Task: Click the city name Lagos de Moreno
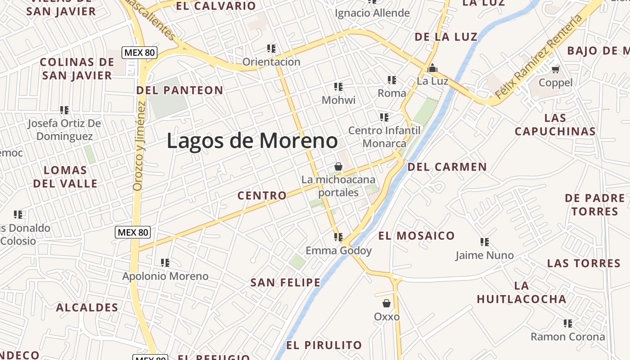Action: pos(252,141)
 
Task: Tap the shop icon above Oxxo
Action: pos(386,303)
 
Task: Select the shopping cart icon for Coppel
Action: pos(556,69)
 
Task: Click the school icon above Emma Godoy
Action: pos(338,237)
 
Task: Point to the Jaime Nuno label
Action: pos(484,255)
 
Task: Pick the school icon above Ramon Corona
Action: pos(568,323)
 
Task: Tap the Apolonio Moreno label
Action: pos(165,276)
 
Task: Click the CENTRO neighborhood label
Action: pos(262,195)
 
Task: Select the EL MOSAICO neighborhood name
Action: pos(416,236)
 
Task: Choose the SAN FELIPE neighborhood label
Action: pos(285,283)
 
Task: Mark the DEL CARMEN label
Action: pos(447,167)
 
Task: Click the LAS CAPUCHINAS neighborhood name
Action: pos(555,125)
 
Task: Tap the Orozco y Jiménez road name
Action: pos(139,146)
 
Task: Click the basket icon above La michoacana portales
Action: pos(338,166)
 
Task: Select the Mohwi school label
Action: pos(338,100)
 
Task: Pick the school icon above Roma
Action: pos(392,80)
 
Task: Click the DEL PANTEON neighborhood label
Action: pos(180,90)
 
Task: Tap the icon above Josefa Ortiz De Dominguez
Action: pos(64,110)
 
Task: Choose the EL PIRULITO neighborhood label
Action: pos(324,345)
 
